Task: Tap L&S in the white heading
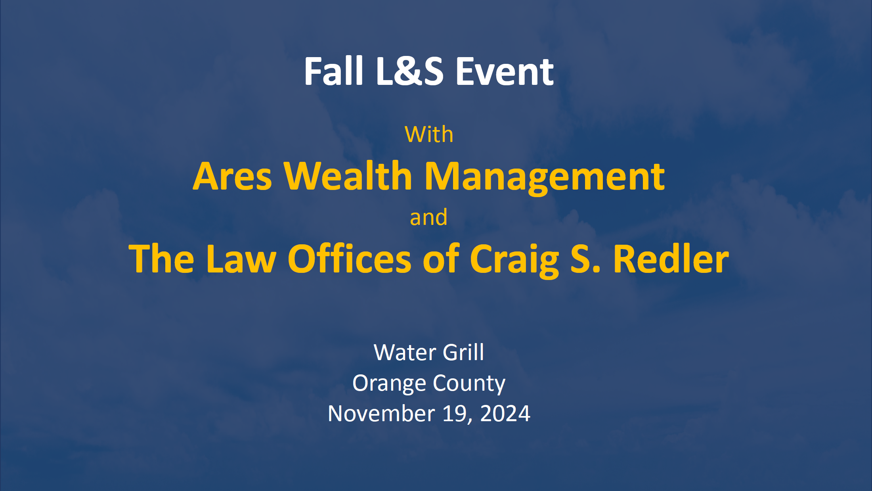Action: click(409, 71)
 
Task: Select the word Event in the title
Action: click(505, 71)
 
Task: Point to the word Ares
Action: click(232, 176)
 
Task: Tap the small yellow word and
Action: click(428, 217)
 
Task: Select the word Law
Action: click(241, 259)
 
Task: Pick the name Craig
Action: click(514, 260)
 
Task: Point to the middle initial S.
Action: click(585, 259)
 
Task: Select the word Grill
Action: click(463, 352)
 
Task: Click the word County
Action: click(469, 384)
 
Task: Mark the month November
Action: click(381, 414)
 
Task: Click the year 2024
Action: click(505, 414)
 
